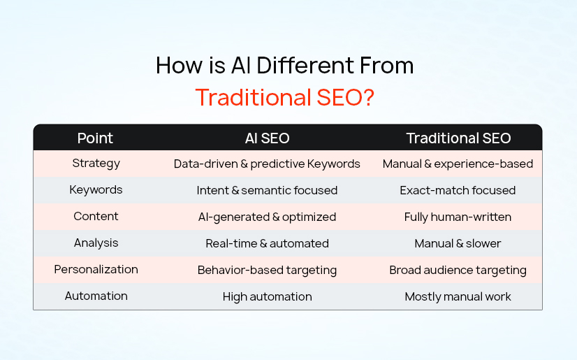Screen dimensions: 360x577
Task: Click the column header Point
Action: [x=96, y=138]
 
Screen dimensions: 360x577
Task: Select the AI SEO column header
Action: [x=267, y=138]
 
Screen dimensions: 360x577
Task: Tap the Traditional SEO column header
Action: [x=458, y=138]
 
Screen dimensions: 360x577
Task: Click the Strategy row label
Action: [x=96, y=164]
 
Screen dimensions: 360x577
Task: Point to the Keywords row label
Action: [x=96, y=190]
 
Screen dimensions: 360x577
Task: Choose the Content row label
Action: [x=96, y=217]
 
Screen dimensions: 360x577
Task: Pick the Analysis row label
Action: [x=96, y=243]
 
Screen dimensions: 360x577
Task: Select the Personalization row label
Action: [x=96, y=270]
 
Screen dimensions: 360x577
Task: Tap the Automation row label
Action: [x=96, y=296]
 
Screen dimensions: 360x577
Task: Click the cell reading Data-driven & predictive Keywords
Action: [x=267, y=164]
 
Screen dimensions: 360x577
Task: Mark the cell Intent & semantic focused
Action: [x=267, y=190]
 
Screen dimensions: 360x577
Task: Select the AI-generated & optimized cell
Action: [x=267, y=217]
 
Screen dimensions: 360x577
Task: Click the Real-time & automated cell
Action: [x=267, y=243]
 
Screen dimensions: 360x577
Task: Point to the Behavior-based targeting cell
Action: [x=267, y=270]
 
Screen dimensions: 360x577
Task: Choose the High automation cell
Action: [x=267, y=296]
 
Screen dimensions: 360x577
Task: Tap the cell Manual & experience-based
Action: [x=458, y=164]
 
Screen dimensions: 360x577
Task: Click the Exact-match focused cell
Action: [x=458, y=190]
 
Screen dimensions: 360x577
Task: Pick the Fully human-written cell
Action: [x=458, y=217]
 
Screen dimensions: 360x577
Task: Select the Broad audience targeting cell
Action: [x=458, y=270]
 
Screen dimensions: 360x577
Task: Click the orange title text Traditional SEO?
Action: [x=284, y=96]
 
